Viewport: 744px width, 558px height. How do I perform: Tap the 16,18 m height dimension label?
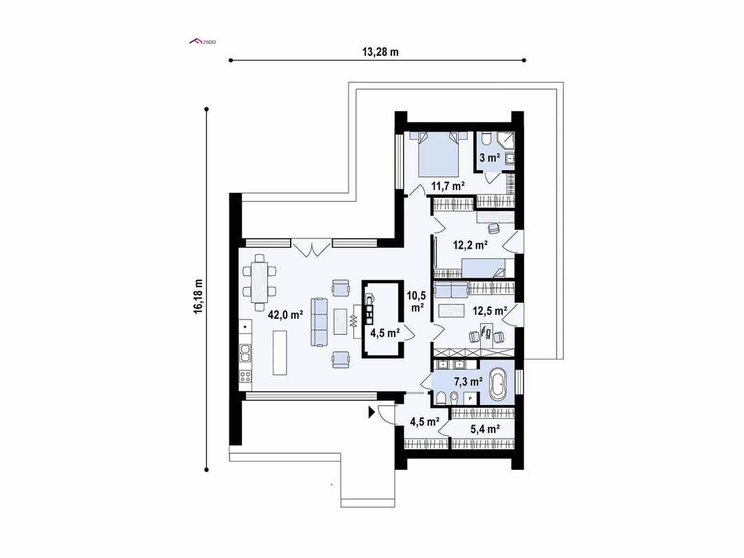pos(198,297)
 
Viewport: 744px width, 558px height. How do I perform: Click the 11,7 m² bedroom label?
pos(448,185)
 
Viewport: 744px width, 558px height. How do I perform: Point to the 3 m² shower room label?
pos(489,158)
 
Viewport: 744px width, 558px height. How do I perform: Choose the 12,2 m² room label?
pos(471,244)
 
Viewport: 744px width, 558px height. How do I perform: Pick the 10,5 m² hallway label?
pos(416,301)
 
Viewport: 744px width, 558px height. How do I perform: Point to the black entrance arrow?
pos(371,413)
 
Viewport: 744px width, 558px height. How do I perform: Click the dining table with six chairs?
pos(259,281)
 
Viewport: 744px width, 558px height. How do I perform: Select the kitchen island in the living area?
pos(280,352)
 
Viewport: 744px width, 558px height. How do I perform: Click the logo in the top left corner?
pos(203,42)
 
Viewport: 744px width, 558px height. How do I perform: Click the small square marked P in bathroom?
pos(471,398)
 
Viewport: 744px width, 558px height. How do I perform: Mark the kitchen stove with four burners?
pos(245,376)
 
